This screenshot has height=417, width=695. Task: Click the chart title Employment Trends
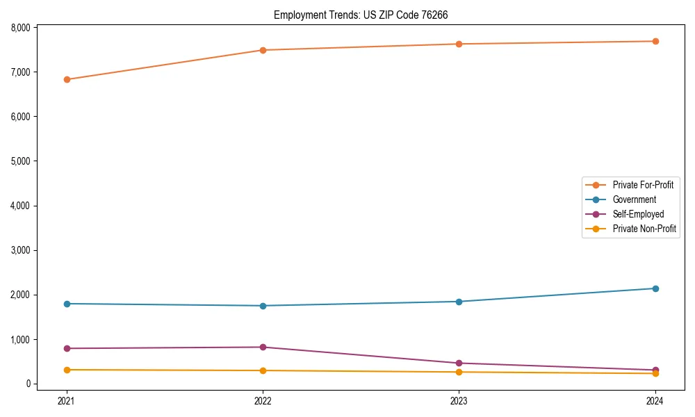tap(366, 15)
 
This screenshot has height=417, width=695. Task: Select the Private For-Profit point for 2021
tap(67, 79)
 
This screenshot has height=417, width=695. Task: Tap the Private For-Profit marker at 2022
tap(263, 50)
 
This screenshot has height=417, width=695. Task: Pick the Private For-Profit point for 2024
tap(655, 41)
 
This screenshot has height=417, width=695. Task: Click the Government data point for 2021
tap(67, 304)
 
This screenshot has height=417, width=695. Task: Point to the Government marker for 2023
tap(459, 302)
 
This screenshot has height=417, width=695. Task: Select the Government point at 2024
tap(655, 288)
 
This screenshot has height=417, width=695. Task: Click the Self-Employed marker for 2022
tap(263, 347)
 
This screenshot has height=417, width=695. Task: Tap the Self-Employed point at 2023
tap(459, 363)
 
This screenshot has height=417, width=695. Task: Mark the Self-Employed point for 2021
tap(67, 348)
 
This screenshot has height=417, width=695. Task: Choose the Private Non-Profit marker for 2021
tap(67, 370)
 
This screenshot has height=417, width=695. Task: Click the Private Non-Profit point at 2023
tap(459, 372)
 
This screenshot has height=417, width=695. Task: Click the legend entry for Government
tap(634, 199)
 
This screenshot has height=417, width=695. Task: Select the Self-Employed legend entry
tap(638, 214)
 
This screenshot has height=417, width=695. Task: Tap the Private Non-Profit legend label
tap(644, 229)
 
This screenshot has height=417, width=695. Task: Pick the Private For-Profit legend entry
tap(643, 185)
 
